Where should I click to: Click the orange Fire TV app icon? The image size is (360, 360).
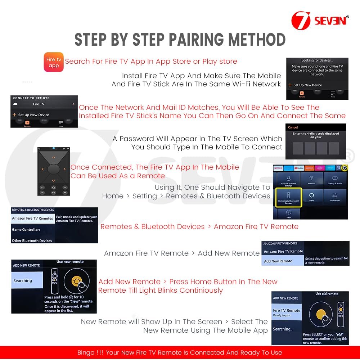point(54,62)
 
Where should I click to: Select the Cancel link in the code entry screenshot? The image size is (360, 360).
point(293,127)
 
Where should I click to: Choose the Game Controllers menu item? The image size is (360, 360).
point(26,230)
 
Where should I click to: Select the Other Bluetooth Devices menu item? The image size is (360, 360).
point(32,240)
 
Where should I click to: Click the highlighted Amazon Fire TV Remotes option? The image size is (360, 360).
point(32,219)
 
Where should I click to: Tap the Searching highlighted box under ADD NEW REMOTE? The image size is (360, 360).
point(27,281)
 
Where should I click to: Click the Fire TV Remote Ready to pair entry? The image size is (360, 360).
point(287,312)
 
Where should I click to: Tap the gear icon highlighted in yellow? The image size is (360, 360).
point(345,168)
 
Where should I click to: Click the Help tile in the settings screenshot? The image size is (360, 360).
point(288,213)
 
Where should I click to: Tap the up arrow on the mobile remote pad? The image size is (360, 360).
point(54,157)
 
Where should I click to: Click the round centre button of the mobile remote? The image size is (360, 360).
point(54,169)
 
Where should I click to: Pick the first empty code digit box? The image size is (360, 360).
point(298,148)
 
